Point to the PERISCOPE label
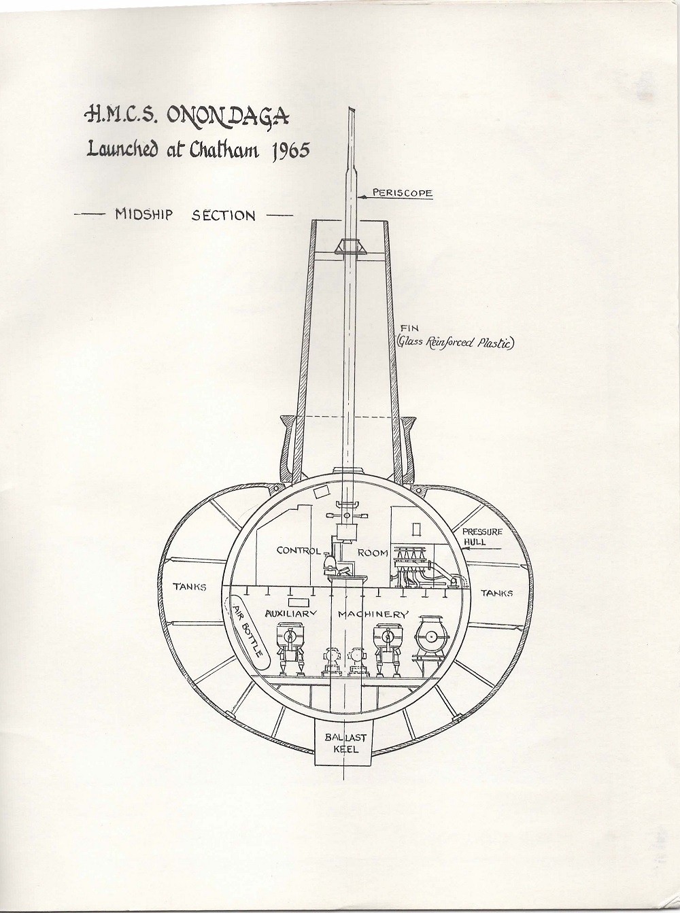tap(402, 193)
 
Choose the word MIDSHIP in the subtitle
tap(143, 216)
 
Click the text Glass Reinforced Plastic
tap(455, 343)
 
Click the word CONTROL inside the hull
tap(298, 551)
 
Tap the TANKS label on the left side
tap(189, 587)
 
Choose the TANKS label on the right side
tap(496, 593)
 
